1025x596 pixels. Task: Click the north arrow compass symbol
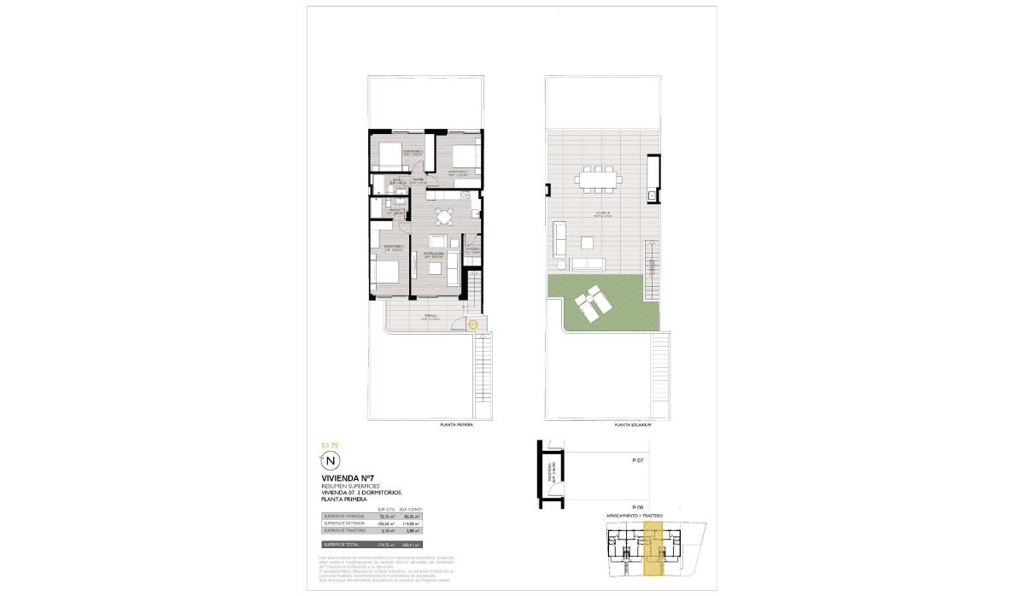tap(332, 461)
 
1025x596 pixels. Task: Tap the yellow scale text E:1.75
tap(330, 446)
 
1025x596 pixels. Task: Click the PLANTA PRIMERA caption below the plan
tap(455, 424)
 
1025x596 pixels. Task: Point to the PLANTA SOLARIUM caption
tap(633, 424)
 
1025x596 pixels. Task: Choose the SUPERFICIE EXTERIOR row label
tap(343, 524)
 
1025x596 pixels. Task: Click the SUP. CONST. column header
tap(411, 509)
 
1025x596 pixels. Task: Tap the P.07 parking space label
tap(637, 460)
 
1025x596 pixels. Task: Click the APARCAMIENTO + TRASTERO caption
tap(635, 517)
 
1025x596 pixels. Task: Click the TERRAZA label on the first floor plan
tap(431, 316)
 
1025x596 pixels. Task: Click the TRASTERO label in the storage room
tap(553, 472)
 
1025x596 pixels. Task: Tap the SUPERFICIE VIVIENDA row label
tap(344, 517)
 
